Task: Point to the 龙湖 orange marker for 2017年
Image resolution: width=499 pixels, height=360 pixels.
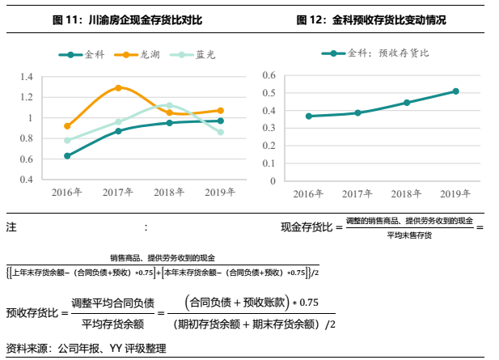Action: (118, 87)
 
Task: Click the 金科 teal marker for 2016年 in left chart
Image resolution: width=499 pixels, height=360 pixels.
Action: (67, 155)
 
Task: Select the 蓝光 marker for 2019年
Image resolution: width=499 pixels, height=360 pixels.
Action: (220, 132)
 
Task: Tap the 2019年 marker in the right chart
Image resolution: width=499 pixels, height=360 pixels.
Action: (456, 91)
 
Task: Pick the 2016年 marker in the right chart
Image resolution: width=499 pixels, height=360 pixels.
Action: (308, 116)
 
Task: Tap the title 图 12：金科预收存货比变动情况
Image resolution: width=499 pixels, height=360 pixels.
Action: (371, 19)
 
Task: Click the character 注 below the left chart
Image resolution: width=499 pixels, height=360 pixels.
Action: (11, 228)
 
